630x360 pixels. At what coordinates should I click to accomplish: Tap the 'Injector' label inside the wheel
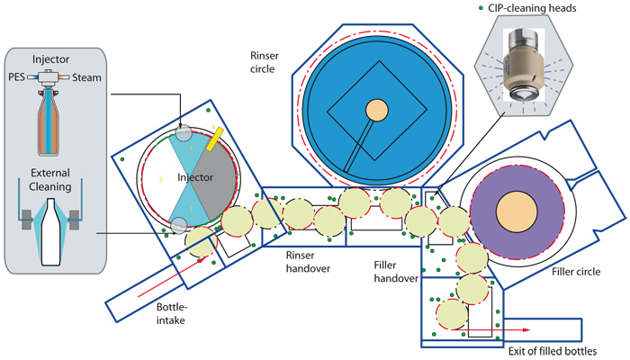click(x=194, y=179)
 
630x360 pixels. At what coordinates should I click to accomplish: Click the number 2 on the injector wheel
click(x=160, y=180)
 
